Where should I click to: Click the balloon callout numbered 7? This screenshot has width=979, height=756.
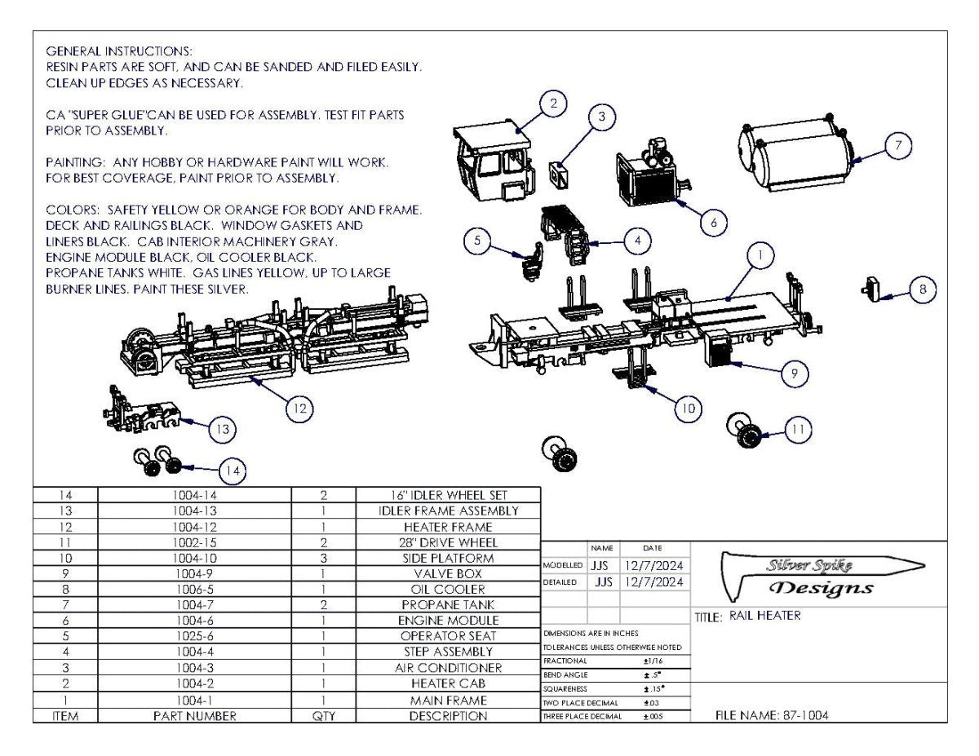pos(897,146)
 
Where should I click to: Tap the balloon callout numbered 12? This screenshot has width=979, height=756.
pos(300,409)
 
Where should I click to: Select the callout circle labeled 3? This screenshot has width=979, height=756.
pos(601,117)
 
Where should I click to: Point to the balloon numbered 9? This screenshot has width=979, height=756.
pos(794,374)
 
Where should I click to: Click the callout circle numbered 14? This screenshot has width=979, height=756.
pos(233,470)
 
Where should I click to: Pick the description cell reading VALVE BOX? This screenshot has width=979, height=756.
pos(448,573)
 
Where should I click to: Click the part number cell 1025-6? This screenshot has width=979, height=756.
pos(194,636)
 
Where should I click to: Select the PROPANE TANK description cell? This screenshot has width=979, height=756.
pos(448,605)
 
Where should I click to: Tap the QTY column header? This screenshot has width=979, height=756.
pos(324,716)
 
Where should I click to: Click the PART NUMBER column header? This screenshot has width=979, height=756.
pos(194,716)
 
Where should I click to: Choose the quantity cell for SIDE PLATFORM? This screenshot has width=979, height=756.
pos(324,559)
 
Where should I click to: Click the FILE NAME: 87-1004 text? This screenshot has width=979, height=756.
pos(773,715)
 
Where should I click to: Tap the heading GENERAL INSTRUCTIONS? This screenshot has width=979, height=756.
pos(118,51)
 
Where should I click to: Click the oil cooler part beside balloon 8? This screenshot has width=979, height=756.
pos(870,289)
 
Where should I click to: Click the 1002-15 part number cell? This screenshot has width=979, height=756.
pos(194,542)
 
